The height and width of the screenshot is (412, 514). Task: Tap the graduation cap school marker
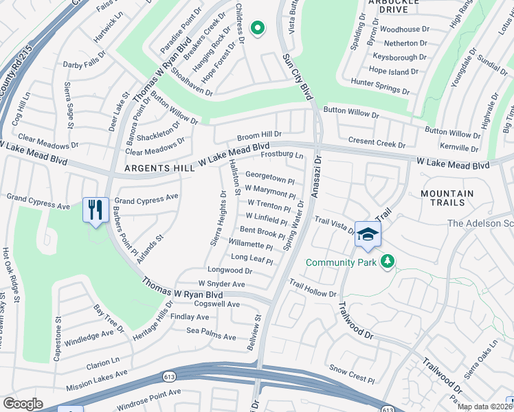(x=368, y=234)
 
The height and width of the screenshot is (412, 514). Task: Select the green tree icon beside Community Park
(x=388, y=262)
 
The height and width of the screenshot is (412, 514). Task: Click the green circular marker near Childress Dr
(x=258, y=28)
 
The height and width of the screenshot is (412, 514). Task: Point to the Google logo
(x=23, y=404)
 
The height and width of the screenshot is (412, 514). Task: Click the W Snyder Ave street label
(x=221, y=284)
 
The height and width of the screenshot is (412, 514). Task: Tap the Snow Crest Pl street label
(x=352, y=374)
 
